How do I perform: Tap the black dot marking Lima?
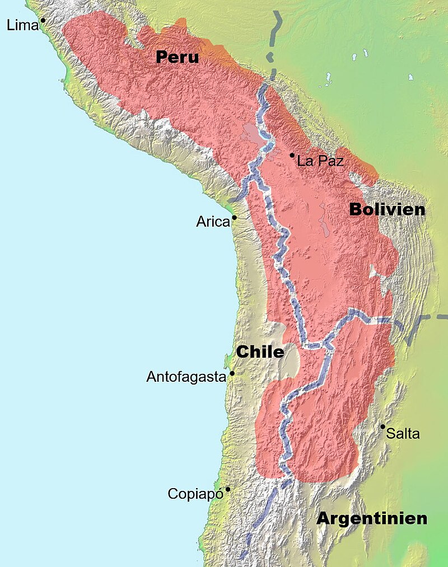[43, 20]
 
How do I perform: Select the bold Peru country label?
[178, 57]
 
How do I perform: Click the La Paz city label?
[320, 161]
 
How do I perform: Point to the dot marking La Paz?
[292, 155]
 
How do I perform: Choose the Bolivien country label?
[387, 209]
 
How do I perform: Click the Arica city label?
[213, 222]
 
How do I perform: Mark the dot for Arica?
[234, 217]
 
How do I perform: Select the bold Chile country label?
[260, 352]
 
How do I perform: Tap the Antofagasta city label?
[186, 377]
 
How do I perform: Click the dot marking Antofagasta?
[232, 373]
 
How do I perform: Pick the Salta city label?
[403, 433]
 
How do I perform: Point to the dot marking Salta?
[382, 427]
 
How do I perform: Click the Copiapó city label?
[195, 494]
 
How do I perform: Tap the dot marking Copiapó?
[227, 489]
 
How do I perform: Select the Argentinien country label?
[372, 518]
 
